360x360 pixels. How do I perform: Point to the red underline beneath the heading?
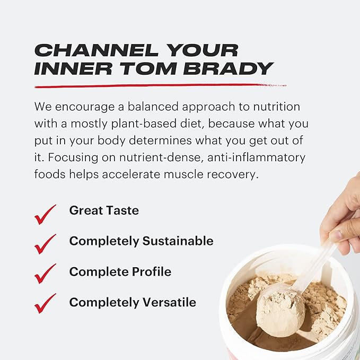pos(154,85)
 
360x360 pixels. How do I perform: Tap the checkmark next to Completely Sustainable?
pos(45,243)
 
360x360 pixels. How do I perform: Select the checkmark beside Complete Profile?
pos(45,274)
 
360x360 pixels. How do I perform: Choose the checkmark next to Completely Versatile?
pos(45,303)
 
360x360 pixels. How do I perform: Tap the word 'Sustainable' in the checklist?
pos(179,241)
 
